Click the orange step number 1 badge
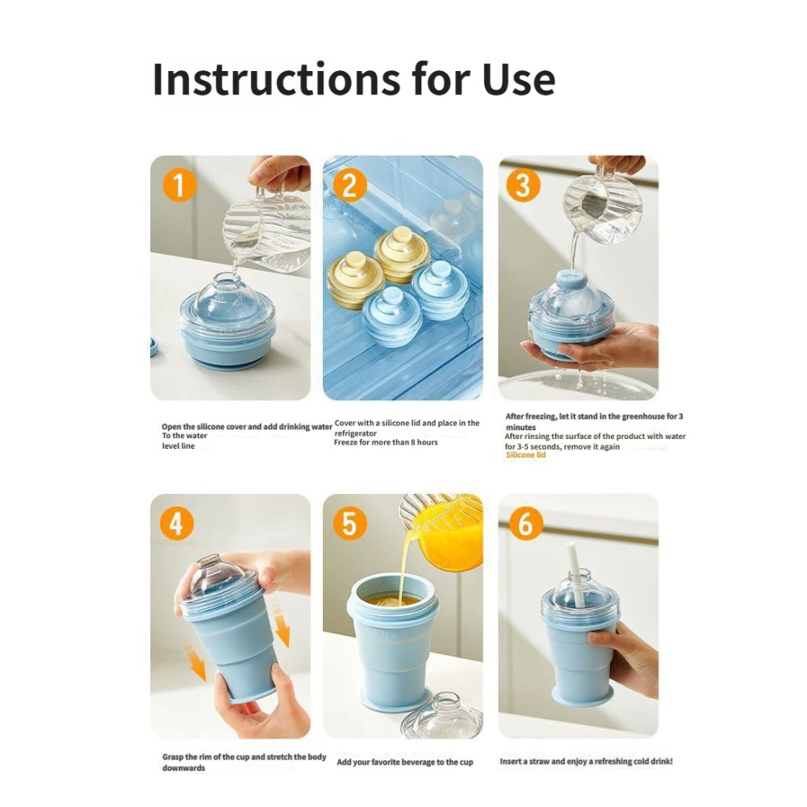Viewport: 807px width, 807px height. pos(179,186)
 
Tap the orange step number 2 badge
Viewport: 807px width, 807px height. pos(350,186)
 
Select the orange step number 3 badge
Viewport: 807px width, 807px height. pos(523,185)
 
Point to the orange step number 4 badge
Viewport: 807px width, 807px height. pos(176,524)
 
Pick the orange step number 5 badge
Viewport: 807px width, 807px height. pos(350,524)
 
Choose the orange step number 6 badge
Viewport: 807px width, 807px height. pos(525,524)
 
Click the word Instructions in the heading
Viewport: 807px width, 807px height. pos(276,79)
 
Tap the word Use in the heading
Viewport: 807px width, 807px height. pos(519,80)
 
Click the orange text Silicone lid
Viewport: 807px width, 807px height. pos(525,455)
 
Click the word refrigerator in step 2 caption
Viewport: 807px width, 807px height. pos(356,433)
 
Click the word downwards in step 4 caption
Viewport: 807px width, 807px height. pos(184,768)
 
